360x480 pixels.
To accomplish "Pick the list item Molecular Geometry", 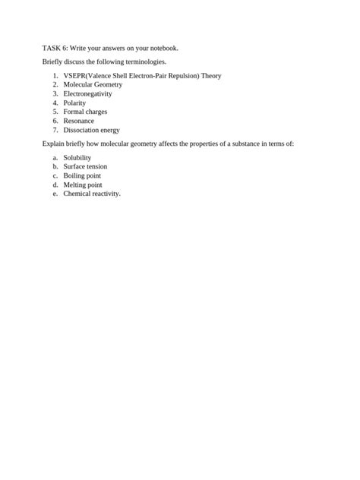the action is point(93,85).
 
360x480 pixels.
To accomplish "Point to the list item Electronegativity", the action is point(87,93).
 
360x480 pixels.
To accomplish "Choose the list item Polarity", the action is point(74,103).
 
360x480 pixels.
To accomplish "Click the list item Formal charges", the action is point(85,112).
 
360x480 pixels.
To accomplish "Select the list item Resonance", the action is point(79,120).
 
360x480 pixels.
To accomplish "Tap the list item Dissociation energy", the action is point(91,129).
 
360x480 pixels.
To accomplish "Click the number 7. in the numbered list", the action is point(55,129).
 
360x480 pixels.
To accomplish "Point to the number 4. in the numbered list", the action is point(55,103).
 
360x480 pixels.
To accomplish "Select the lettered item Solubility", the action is point(77,157).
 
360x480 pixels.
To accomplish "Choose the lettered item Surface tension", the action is point(85,166).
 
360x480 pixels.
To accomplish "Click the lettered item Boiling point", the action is point(83,175).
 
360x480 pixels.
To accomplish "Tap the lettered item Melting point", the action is point(83,185).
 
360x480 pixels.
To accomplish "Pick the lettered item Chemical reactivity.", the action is point(92,193).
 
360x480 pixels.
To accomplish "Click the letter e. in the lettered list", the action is point(55,193).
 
